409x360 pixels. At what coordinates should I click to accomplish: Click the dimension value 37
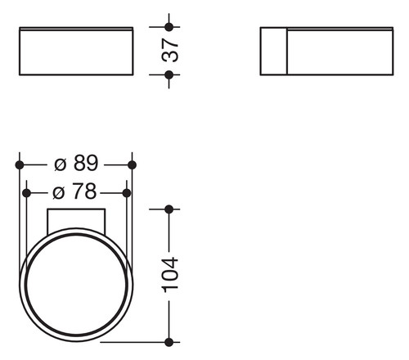(170, 51)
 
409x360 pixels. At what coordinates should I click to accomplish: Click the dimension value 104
(170, 275)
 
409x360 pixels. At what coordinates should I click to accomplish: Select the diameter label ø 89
(76, 163)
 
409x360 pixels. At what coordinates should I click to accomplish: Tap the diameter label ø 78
(74, 191)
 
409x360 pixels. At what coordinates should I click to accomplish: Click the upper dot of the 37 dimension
(169, 27)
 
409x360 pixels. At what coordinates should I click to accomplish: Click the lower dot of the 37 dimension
(169, 74)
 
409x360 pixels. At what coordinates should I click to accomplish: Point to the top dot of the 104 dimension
(169, 209)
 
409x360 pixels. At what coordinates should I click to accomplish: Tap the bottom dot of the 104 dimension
(169, 342)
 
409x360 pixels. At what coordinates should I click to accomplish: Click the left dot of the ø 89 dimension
(20, 164)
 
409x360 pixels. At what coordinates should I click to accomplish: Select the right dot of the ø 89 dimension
(132, 164)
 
